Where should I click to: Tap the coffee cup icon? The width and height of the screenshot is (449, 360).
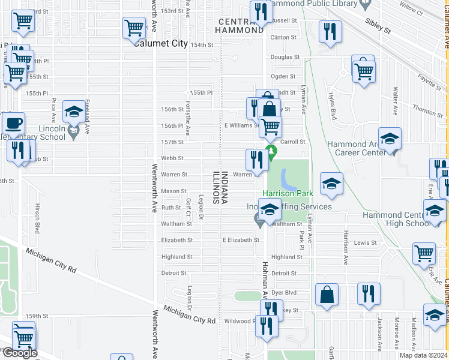pyautogui.click(x=13, y=124)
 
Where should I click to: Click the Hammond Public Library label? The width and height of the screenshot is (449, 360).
pyautogui.click(x=313, y=4)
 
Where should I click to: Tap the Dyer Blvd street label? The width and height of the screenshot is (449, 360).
pyautogui.click(x=285, y=293)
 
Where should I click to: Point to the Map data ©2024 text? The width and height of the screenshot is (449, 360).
pyautogui.click(x=423, y=355)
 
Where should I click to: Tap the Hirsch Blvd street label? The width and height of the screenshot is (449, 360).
pyautogui.click(x=37, y=221)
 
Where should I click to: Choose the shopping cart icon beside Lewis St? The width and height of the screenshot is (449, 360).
pyautogui.click(x=424, y=253)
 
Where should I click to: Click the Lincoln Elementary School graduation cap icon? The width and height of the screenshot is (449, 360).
pyautogui.click(x=74, y=112)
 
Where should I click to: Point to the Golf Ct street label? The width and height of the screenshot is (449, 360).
pyautogui.click(x=188, y=205)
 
